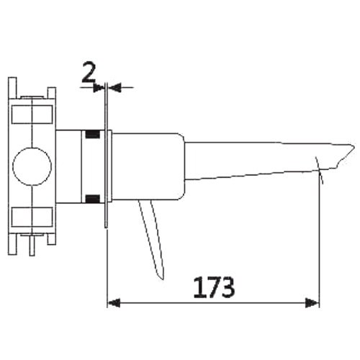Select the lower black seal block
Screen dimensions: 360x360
click(x=92, y=199)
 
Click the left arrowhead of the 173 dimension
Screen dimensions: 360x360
click(x=113, y=303)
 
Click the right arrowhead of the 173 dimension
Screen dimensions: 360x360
click(x=314, y=303)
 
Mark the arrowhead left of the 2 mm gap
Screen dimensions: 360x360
click(x=99, y=87)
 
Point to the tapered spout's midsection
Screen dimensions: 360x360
click(x=252, y=162)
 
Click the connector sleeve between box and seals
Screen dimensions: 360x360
click(x=70, y=166)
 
